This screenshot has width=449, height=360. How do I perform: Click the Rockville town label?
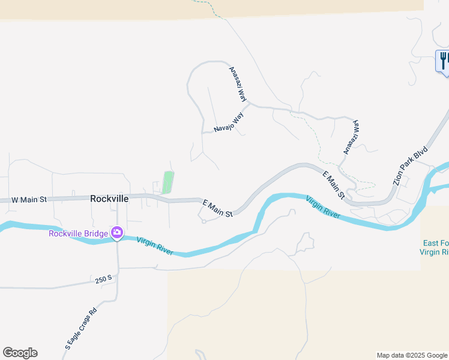(x=109, y=198)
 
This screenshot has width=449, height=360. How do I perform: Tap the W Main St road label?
(x=29, y=199)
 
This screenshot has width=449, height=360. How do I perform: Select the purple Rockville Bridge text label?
(x=78, y=233)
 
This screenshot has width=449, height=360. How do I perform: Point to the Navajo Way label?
(x=229, y=122)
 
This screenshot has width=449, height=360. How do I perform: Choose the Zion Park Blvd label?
(x=409, y=164)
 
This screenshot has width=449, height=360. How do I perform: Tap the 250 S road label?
(x=104, y=280)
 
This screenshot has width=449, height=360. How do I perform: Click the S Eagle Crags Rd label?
(x=81, y=329)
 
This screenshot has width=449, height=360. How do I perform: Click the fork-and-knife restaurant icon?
(x=443, y=61)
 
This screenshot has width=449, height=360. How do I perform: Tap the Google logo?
(x=20, y=353)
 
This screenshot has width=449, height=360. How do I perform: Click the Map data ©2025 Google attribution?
(x=412, y=355)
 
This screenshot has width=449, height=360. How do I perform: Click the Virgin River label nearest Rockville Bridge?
(x=155, y=246)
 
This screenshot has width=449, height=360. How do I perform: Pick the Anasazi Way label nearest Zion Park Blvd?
(x=350, y=137)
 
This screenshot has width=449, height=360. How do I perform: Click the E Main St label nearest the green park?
(x=217, y=209)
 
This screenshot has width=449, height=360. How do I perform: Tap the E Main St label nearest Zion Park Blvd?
(x=334, y=186)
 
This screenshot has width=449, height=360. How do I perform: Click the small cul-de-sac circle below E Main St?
(x=204, y=221)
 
